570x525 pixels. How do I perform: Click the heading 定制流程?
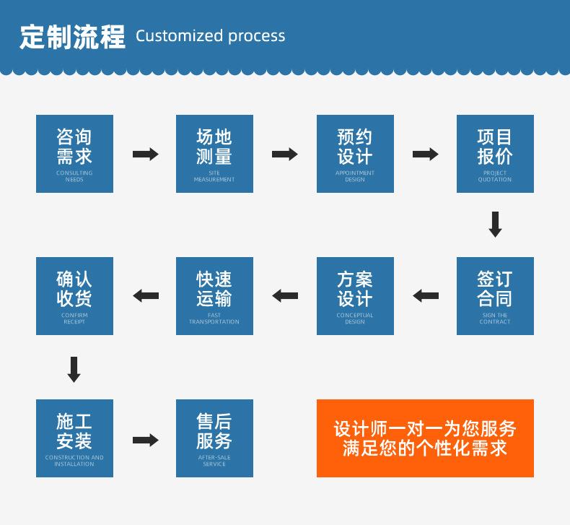(72, 36)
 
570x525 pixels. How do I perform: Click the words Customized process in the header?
(210, 36)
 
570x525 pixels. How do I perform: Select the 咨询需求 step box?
(74, 154)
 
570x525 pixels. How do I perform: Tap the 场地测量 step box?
(214, 154)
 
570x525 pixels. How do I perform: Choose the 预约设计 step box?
(355, 154)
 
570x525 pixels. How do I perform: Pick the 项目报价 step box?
(495, 154)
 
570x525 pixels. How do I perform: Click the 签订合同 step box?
(495, 296)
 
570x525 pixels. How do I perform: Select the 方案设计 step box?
(355, 296)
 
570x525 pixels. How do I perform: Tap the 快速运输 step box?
(214, 296)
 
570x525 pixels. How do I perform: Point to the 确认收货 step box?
(74, 296)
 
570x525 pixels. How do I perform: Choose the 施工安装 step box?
(74, 438)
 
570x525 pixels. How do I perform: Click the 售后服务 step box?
(214, 438)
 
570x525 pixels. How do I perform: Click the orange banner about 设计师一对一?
(425, 438)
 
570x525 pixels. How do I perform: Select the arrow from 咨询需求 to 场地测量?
(145, 154)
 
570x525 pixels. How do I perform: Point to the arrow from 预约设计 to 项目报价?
(425, 154)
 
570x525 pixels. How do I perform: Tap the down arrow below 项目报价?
(495, 225)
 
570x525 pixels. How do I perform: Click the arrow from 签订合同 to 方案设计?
(425, 295)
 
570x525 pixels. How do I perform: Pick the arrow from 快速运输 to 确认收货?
(145, 295)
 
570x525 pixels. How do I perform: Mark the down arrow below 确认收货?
(74, 368)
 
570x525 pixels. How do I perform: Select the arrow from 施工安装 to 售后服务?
(145, 440)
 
